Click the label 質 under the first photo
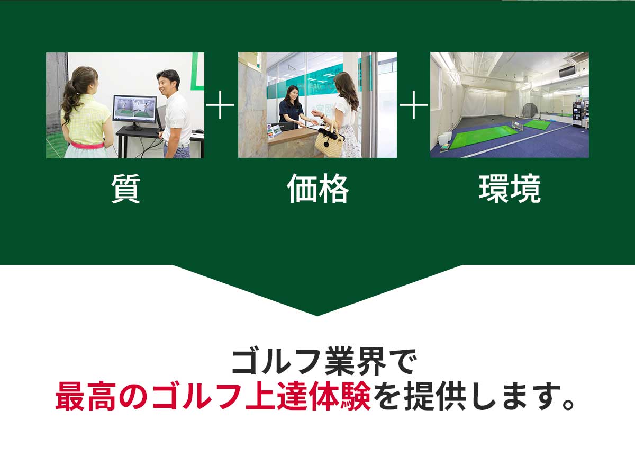click(x=125, y=189)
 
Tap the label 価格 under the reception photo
click(x=317, y=189)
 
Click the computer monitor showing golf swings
click(x=134, y=110)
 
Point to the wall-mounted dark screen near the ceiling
click(x=567, y=70)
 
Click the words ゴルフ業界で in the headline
click(x=324, y=364)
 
